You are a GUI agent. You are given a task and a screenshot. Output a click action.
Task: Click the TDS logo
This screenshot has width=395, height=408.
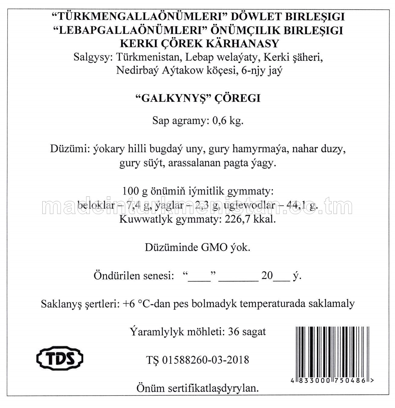coord(60,358)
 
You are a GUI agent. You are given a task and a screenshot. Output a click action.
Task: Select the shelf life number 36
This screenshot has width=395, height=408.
coord(234,332)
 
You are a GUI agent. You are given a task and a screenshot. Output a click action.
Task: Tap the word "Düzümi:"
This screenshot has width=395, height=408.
coord(70,149)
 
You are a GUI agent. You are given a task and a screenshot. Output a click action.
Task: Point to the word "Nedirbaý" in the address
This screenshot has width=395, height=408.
coord(137,71)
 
